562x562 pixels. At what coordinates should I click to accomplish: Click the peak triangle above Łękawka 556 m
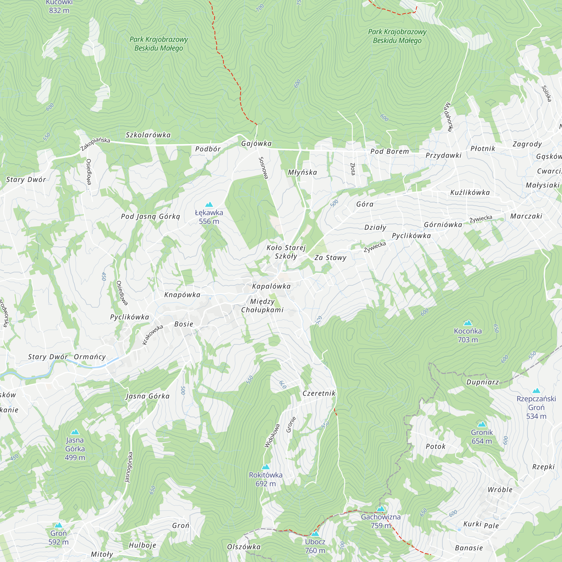click(x=209, y=205)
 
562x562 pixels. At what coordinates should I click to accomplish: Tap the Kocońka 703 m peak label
click(x=468, y=335)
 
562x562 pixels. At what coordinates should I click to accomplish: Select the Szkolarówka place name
click(x=148, y=135)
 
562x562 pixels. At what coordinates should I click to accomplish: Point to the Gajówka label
click(x=256, y=143)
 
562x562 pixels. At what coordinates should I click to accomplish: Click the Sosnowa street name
click(x=263, y=168)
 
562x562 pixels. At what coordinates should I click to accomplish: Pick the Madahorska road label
click(x=448, y=117)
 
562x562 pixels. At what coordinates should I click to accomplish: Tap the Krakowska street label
click(x=152, y=335)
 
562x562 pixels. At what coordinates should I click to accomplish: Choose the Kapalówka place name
click(x=271, y=286)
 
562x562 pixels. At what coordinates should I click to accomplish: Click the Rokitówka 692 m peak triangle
click(x=266, y=467)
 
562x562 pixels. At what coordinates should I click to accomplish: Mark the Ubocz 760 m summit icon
click(x=315, y=534)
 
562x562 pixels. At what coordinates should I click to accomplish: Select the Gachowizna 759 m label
click(x=381, y=521)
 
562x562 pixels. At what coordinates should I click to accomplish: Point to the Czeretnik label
click(x=319, y=393)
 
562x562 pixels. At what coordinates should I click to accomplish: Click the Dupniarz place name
click(x=482, y=382)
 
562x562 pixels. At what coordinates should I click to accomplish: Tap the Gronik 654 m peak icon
click(x=482, y=424)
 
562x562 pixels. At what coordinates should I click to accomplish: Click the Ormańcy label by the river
click(x=90, y=357)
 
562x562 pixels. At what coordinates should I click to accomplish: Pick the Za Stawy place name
click(x=330, y=258)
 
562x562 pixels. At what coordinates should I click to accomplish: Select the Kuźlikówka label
click(x=470, y=192)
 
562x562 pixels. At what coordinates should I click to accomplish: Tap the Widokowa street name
click(x=272, y=436)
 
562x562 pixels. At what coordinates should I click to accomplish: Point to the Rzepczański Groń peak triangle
click(x=536, y=391)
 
